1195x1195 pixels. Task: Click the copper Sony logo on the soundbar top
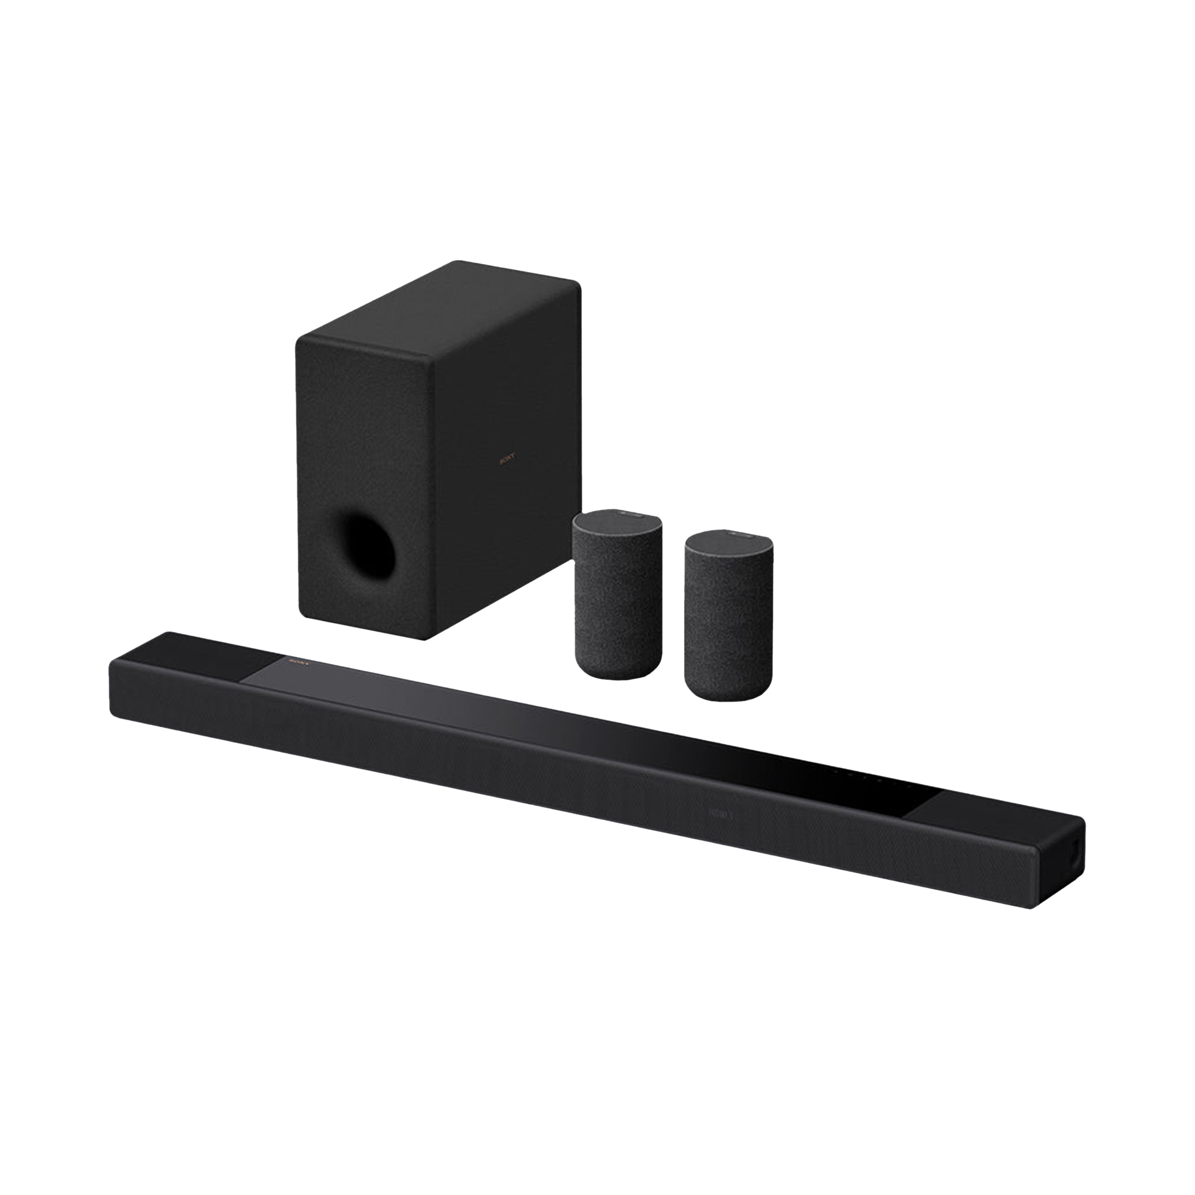tap(298, 661)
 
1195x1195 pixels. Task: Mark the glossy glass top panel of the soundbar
tap(557, 717)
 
